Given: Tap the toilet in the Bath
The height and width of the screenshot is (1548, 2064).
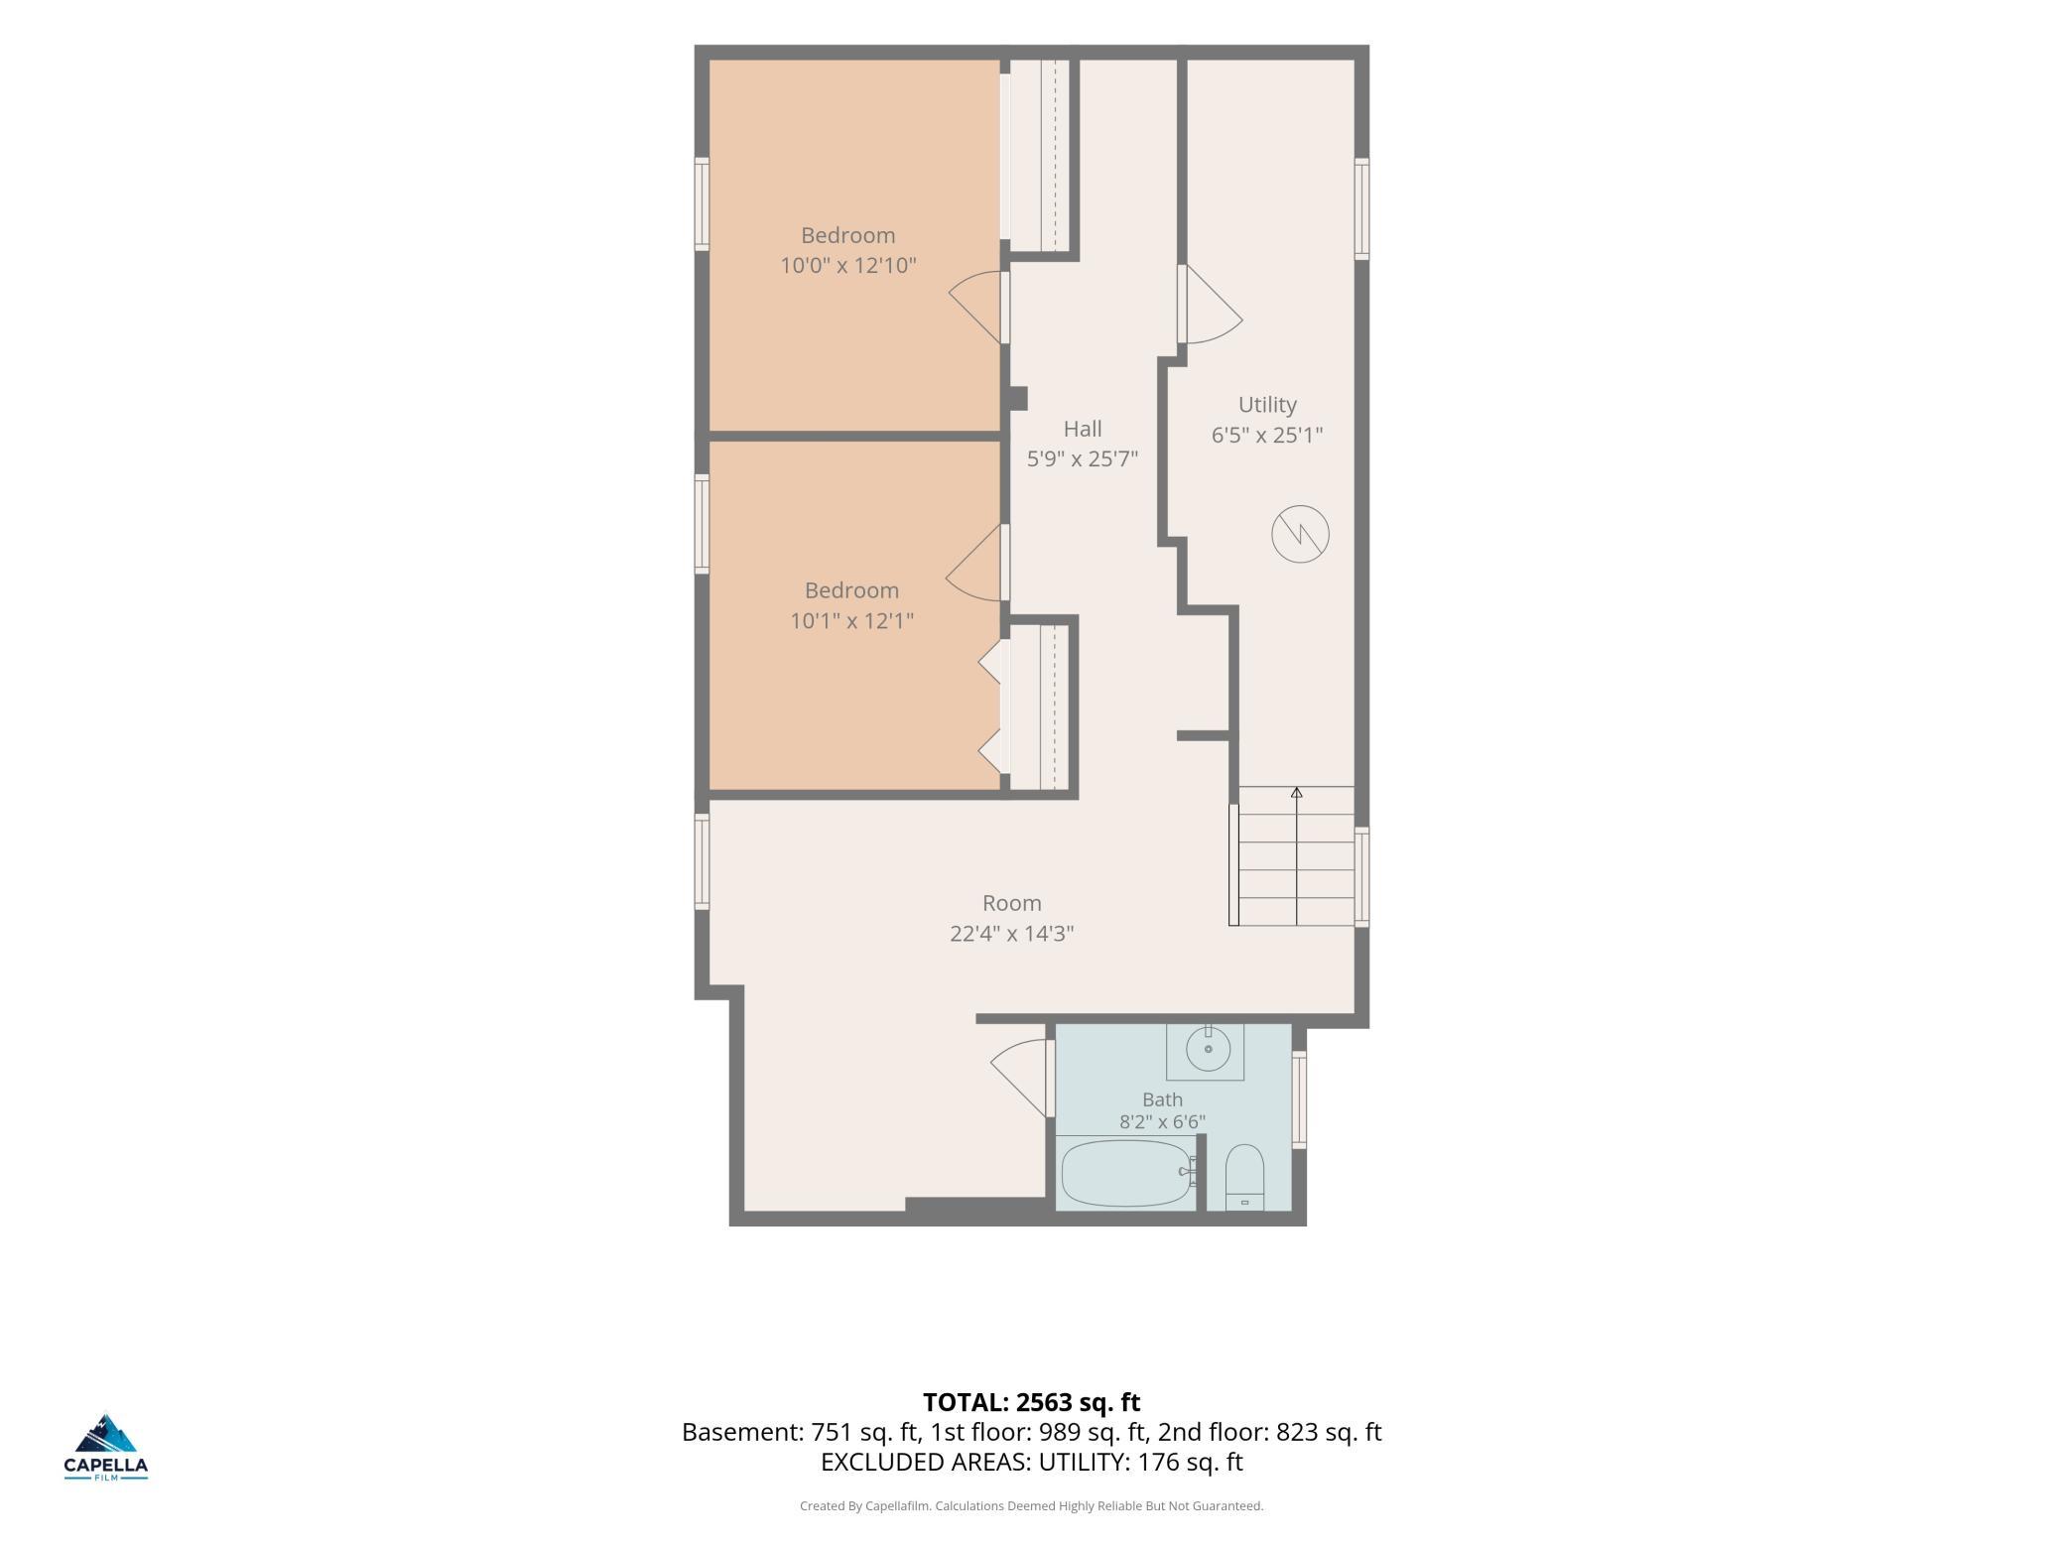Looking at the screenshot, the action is tap(1244, 1178).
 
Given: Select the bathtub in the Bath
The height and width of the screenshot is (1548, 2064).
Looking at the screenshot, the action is tap(1126, 1172).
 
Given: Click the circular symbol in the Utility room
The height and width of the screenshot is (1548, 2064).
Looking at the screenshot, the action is tap(1300, 534).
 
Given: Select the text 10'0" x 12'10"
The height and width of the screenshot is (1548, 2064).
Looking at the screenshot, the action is tap(848, 265).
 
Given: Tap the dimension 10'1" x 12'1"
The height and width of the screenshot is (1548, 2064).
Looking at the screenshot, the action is tap(851, 620).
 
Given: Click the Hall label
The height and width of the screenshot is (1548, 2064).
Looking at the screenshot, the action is tap(1083, 429).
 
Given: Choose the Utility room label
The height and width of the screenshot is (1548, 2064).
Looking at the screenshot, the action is tap(1267, 405).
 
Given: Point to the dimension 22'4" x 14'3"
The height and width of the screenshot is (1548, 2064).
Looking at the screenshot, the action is tap(1012, 933).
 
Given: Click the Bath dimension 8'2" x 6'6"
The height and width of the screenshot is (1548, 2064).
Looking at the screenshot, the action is tap(1162, 1122).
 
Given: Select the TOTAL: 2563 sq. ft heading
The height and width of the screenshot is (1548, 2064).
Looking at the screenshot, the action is tap(1032, 1402).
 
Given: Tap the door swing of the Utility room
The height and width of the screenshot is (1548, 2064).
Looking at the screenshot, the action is tap(1211, 305).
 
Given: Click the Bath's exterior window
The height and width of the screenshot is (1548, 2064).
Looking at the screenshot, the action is tap(1299, 1099).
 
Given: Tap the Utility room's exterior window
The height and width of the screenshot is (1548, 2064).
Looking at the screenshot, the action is tap(1361, 208).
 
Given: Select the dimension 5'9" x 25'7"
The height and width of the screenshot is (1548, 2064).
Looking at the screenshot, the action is tap(1083, 458).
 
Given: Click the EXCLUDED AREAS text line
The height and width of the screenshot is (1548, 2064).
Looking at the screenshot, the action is tap(1032, 1462).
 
